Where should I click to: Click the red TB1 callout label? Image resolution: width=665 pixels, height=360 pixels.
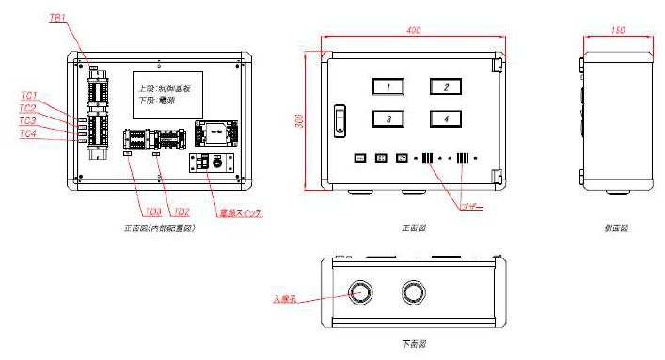pyautogui.click(x=57, y=19)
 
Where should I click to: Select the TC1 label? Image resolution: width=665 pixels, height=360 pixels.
pyautogui.click(x=28, y=96)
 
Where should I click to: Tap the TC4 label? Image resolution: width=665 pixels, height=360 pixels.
pyautogui.click(x=28, y=134)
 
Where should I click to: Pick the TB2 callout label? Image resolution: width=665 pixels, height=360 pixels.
pyautogui.click(x=182, y=212)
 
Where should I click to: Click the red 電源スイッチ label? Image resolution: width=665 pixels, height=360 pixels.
pyautogui.click(x=239, y=213)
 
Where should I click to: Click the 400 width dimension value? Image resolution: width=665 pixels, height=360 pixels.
pyautogui.click(x=413, y=31)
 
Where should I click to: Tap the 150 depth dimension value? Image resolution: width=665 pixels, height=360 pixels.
pyautogui.click(x=617, y=30)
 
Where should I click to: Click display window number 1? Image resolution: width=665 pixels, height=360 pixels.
pyautogui.click(x=388, y=87)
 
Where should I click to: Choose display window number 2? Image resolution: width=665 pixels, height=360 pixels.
pyautogui.click(x=447, y=87)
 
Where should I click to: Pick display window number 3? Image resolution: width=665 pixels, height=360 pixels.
pyautogui.click(x=388, y=118)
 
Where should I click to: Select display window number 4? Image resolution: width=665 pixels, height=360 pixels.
pyautogui.click(x=447, y=118)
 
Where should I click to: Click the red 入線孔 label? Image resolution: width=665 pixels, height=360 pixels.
pyautogui.click(x=285, y=300)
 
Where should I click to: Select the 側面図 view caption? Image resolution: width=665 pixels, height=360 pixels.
pyautogui.click(x=617, y=228)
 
